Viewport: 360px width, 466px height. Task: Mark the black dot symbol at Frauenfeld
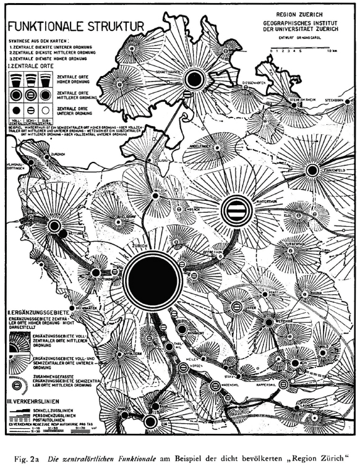(312, 170)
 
